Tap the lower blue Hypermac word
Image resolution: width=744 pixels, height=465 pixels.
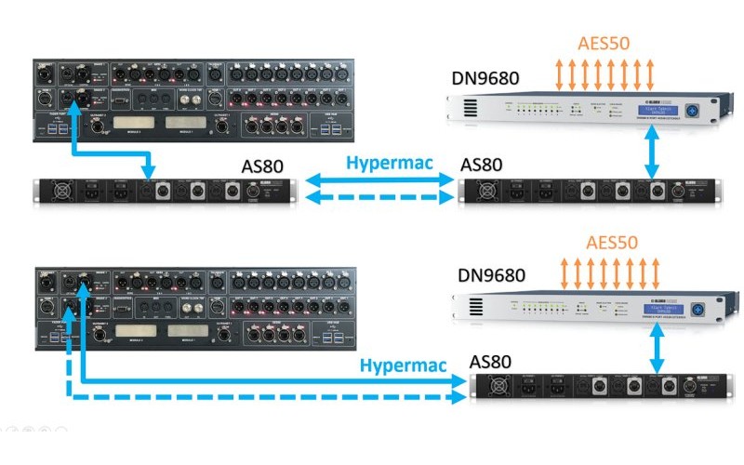pos(394,365)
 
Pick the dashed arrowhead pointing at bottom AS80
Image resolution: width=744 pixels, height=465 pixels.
pos(458,397)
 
